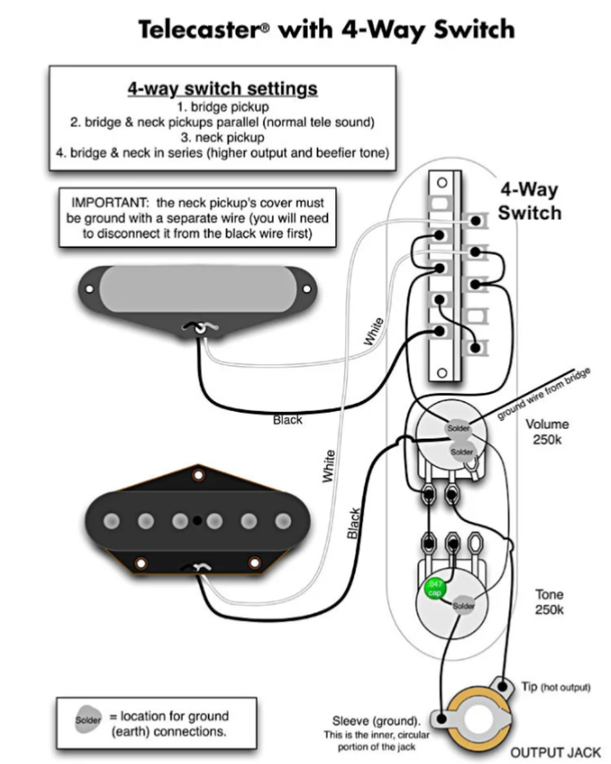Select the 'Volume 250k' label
coord(547,432)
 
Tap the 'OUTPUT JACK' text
coord(555,752)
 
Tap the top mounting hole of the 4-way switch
coord(442,183)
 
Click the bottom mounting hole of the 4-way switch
coord(442,373)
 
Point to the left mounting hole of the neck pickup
coord(90,289)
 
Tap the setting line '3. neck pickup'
coord(222,137)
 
